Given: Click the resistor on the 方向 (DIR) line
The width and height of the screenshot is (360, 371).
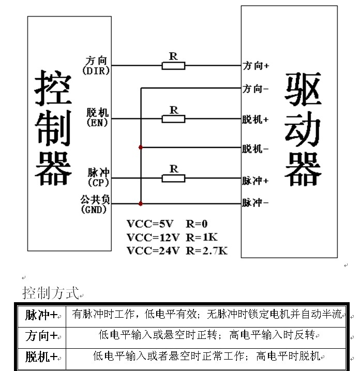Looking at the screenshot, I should click(174, 66).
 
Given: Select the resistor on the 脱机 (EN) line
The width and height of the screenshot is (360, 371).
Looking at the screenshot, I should click(174, 119).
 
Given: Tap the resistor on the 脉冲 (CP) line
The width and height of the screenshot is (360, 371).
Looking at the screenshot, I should click(174, 179).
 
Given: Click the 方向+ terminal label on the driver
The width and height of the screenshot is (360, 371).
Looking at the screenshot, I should click(256, 66).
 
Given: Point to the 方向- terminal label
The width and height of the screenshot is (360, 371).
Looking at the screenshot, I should click(256, 89).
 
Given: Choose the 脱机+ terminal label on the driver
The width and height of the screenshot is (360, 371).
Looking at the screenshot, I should click(256, 120).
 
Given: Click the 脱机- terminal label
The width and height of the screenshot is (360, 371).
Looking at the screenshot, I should click(256, 149).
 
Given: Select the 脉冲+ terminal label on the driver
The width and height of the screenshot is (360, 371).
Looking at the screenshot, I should click(256, 181).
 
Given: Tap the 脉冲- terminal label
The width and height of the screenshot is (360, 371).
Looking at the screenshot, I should click(256, 203).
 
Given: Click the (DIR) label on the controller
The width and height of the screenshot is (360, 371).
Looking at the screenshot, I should click(96, 71).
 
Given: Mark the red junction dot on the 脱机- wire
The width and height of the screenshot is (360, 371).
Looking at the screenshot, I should click(141, 147).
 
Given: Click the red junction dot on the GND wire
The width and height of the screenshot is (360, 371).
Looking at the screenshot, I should click(141, 203).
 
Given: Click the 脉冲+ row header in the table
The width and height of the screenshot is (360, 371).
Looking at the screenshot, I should click(41, 314).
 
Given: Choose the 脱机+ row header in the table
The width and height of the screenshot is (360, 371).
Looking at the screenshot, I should click(41, 357).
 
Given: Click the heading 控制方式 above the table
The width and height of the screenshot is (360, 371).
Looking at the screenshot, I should click(50, 293).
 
